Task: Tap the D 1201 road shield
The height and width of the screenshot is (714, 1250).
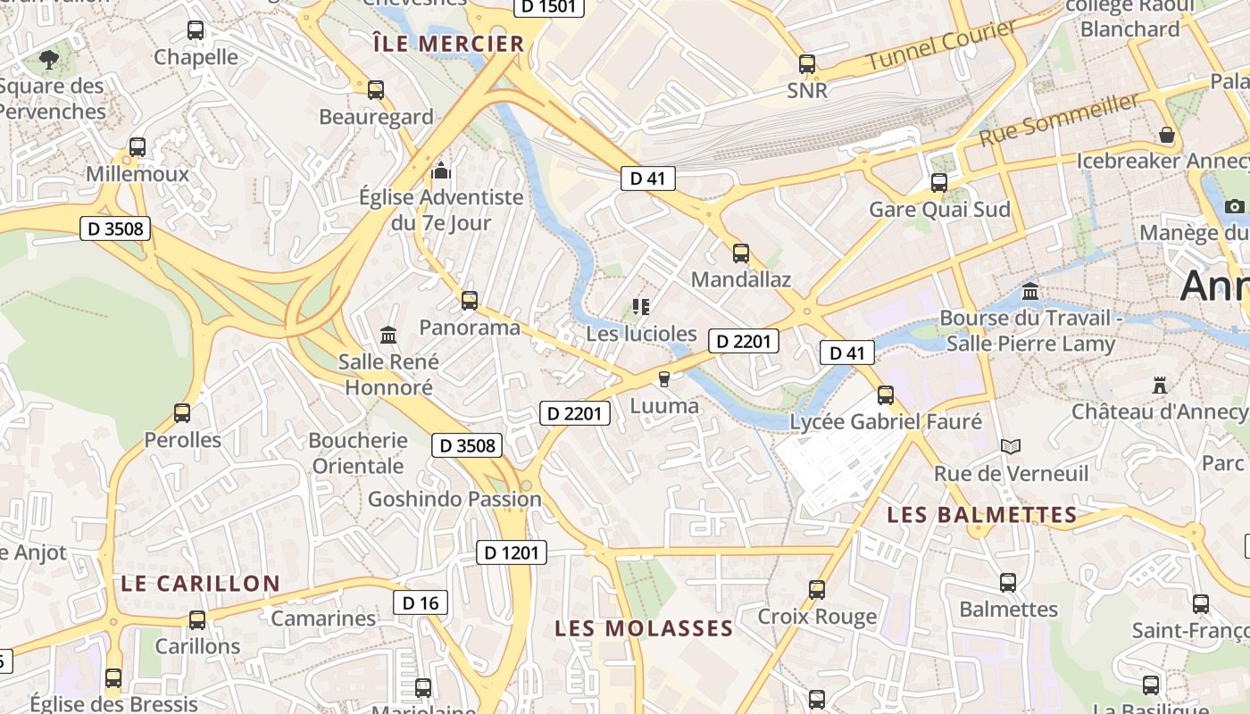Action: point(511,552)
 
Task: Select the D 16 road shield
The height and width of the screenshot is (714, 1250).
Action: point(421,602)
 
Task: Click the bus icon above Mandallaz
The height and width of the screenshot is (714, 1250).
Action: point(741,253)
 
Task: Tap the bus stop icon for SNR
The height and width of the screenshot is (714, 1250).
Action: point(807,64)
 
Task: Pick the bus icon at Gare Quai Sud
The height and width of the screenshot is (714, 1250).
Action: point(939,183)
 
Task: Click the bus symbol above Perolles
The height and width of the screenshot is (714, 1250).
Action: point(182,412)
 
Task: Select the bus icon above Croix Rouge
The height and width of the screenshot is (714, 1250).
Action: point(817,589)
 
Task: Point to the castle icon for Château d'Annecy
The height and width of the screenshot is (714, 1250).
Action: point(1160,386)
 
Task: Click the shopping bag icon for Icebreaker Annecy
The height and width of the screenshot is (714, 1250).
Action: point(1166,136)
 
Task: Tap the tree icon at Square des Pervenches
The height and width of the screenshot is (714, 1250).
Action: point(49,60)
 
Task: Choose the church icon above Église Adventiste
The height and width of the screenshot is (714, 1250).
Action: point(440,170)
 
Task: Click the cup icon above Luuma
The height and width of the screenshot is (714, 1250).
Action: point(663,379)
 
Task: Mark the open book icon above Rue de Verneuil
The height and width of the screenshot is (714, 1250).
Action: point(1010,446)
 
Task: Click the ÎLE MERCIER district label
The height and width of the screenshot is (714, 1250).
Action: point(448,44)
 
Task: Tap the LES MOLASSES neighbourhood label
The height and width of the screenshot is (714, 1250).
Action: point(644,628)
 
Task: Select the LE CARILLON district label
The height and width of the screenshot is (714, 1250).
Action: point(200,584)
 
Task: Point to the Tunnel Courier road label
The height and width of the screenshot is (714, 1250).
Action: point(942,46)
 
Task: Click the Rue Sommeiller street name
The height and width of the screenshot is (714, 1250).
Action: point(1060,120)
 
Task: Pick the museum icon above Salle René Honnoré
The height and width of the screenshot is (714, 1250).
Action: point(388,335)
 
